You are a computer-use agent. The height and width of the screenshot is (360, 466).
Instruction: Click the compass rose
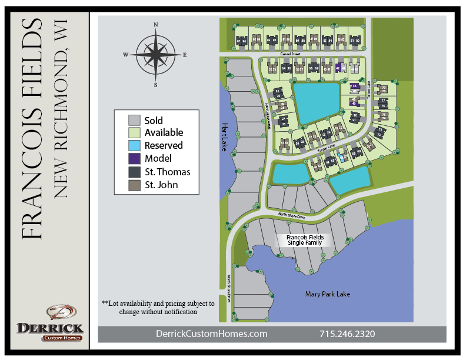[155, 55]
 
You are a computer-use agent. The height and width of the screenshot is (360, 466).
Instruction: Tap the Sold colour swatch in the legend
[135, 121]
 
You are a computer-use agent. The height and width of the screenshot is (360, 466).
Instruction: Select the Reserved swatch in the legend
[135, 145]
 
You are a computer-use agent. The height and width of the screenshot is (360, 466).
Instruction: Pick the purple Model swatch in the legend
[135, 158]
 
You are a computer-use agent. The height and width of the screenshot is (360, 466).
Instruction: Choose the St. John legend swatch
[135, 185]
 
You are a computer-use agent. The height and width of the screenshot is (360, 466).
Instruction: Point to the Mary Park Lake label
[328, 294]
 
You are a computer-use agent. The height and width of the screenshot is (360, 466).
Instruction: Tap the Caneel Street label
[291, 54]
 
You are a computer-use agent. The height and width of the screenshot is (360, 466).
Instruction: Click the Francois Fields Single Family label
[305, 240]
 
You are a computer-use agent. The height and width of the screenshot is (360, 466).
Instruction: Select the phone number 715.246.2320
[347, 334]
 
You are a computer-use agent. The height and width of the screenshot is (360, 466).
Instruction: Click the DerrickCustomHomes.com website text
[211, 334]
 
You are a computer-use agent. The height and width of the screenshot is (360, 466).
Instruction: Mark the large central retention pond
[316, 102]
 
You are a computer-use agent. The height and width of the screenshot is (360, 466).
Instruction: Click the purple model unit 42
[338, 68]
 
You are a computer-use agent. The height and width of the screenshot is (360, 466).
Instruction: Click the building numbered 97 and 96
[241, 41]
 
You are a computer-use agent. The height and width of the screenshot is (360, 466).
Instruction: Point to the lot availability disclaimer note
[158, 307]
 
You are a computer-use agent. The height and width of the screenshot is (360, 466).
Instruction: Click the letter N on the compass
[156, 25]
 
